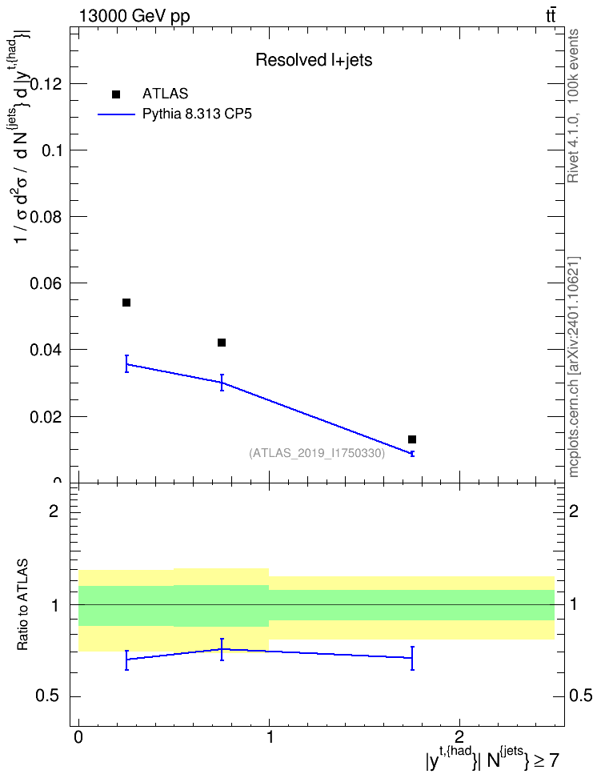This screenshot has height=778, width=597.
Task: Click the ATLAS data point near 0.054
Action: [126, 303]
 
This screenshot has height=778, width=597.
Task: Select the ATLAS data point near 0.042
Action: [222, 343]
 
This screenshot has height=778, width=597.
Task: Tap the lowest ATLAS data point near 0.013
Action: [412, 439]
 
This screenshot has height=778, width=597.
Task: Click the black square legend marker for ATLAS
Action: [116, 94]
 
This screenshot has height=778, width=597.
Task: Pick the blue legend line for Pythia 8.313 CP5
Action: [116, 114]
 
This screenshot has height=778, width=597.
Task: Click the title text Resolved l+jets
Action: [314, 60]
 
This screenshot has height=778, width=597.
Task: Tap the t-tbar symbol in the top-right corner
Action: [551, 16]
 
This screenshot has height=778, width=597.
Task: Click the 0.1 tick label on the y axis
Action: [51, 150]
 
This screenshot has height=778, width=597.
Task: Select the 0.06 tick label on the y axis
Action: [46, 283]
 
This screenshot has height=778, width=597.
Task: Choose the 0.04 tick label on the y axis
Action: [46, 350]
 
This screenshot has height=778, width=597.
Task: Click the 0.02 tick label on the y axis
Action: [46, 417]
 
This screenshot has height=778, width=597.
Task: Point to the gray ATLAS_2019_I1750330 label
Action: [317, 453]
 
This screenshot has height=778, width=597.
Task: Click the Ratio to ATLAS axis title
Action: [22, 605]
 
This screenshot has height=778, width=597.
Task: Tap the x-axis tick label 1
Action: [270, 737]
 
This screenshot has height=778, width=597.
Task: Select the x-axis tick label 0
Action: [78, 737]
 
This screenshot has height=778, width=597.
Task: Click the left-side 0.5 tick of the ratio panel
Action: [47, 696]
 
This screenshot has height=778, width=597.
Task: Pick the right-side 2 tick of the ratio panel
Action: [574, 511]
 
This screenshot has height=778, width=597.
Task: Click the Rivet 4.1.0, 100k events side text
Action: [573, 106]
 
